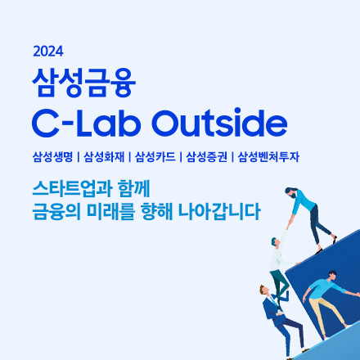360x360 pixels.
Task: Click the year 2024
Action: click(48, 52)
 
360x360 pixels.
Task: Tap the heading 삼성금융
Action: click(84, 83)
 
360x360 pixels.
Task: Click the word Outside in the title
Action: click(219, 123)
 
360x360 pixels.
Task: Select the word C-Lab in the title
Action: click(86, 123)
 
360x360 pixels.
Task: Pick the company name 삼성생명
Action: click(52, 157)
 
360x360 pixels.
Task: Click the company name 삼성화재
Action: click(104, 157)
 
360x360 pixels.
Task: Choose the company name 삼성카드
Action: click(155, 157)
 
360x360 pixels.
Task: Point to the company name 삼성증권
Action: click(206, 157)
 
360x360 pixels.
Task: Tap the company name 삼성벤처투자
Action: click(268, 157)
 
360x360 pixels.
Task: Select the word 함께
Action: click(134, 189)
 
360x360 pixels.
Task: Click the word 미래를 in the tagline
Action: click(110, 212)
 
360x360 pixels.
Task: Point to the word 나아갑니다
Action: click(219, 212)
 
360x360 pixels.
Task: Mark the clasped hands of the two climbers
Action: click(289, 224)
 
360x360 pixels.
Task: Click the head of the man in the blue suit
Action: click(264, 290)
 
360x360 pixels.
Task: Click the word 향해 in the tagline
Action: click(157, 212)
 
